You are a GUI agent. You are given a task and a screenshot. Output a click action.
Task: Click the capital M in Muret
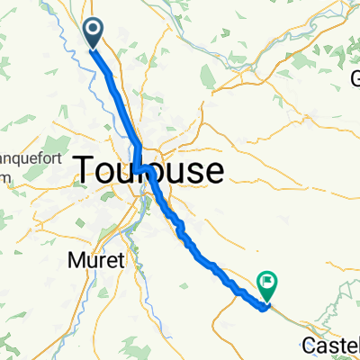(73, 260)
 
